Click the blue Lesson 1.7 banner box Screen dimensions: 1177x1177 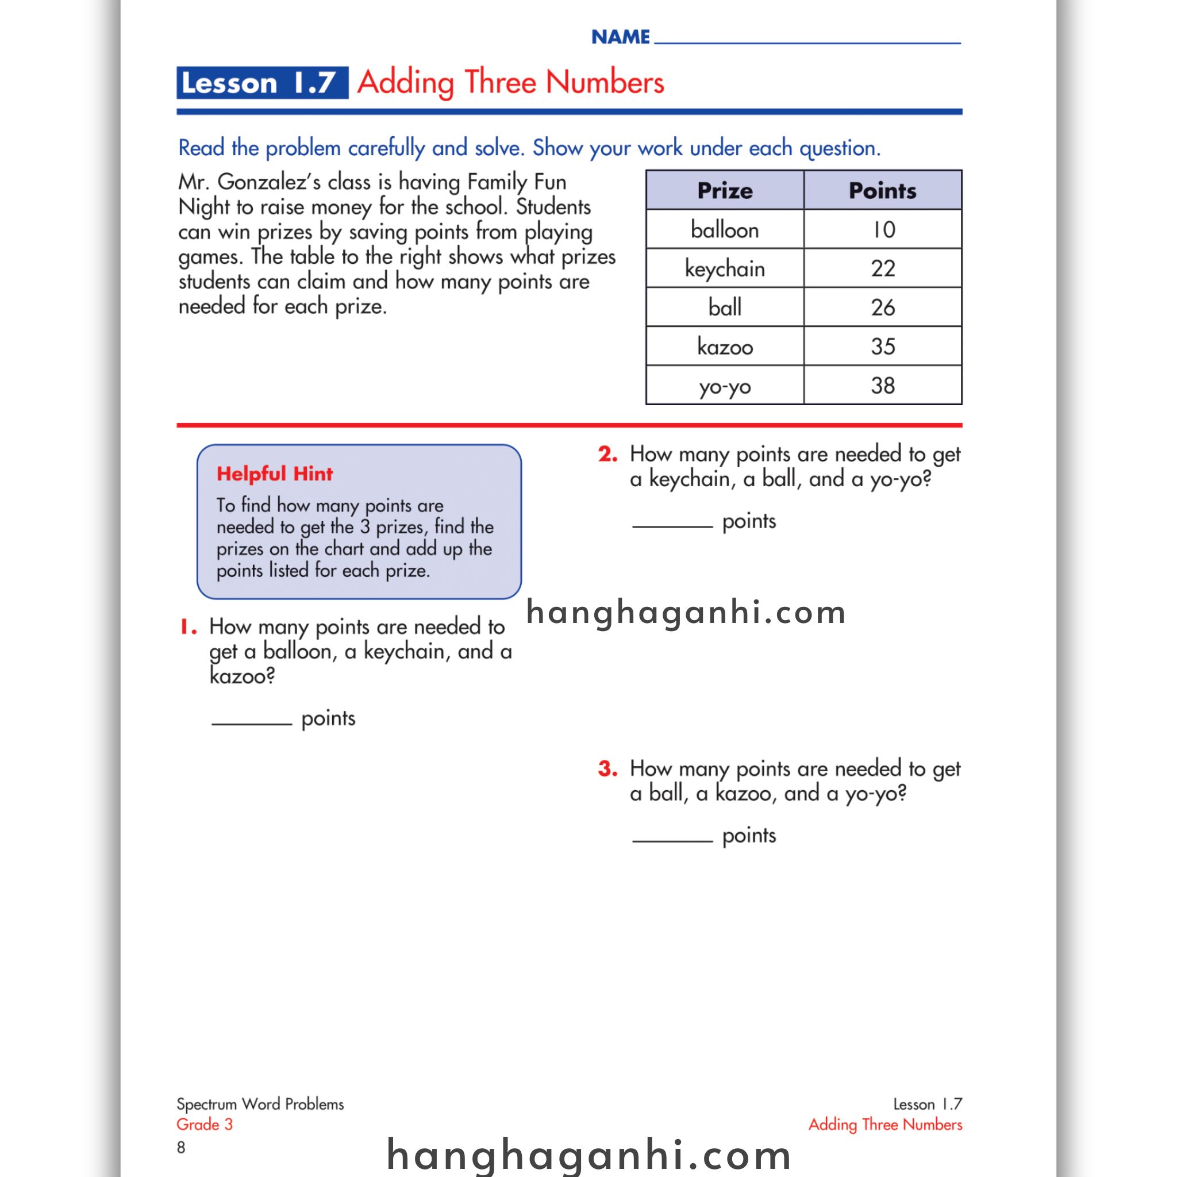pos(262,83)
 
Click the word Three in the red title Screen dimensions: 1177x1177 pos(501,83)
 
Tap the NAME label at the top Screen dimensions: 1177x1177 pos(620,37)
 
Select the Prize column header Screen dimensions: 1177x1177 pos(724,191)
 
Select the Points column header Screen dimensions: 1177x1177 pos(882,191)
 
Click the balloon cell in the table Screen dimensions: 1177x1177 pos(724,230)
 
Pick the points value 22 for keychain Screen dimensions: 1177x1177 pos(882,268)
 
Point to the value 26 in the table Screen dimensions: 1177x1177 pos(882,307)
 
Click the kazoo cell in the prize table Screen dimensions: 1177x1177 pos(724,347)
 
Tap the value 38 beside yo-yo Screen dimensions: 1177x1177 pos(882,386)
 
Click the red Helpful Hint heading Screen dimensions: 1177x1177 pos(274,474)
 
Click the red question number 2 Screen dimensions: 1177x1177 pos(607,454)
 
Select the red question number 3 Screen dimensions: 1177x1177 pos(607,768)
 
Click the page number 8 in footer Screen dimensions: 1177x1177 pos(181,1147)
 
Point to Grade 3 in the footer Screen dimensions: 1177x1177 pos(205,1124)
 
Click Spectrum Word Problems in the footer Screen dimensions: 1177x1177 pos(260,1104)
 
